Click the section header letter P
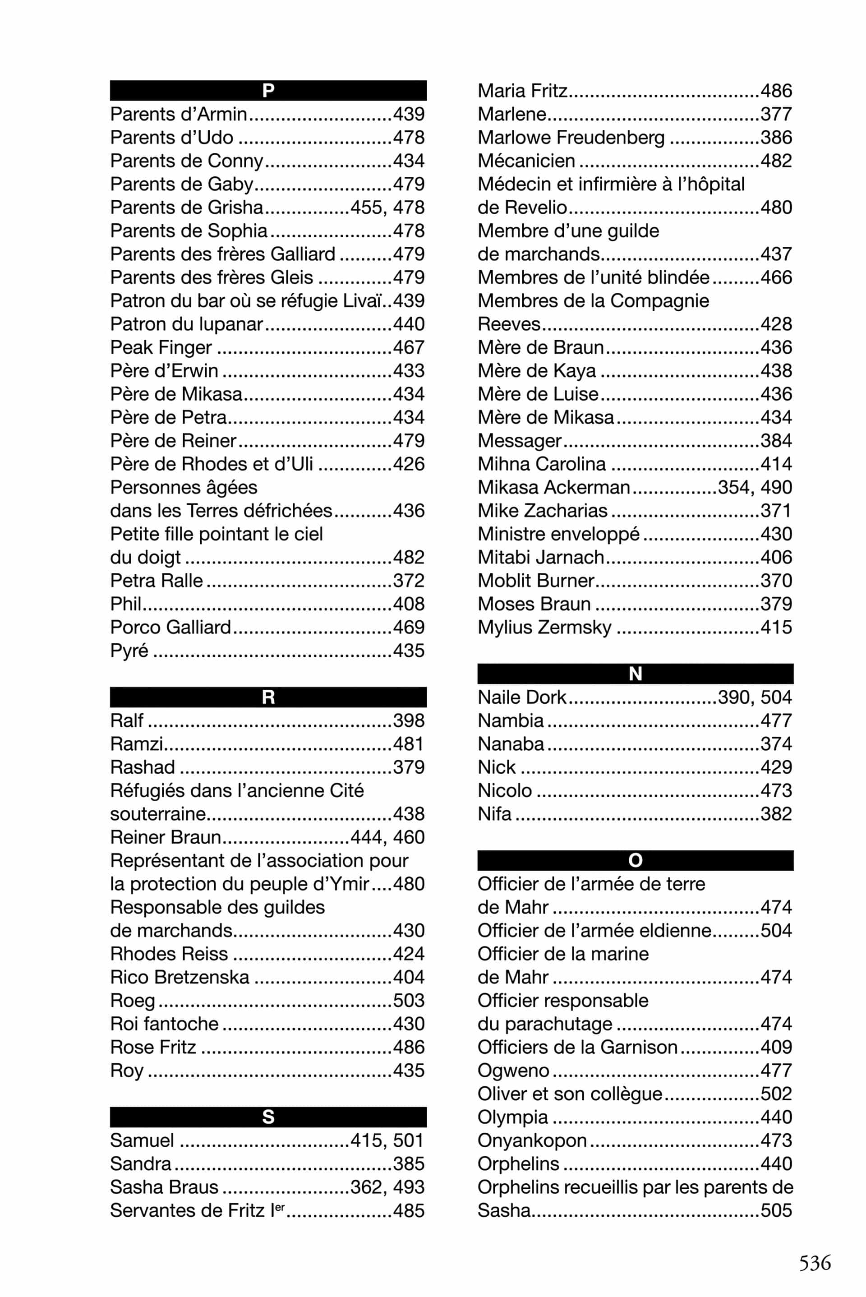point(268,91)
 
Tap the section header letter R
point(268,697)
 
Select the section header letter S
point(268,1117)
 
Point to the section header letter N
point(635,674)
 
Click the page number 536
point(815,1262)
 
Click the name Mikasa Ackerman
point(553,487)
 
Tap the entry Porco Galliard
point(170,627)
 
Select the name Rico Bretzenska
point(180,977)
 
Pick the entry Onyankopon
point(532,1140)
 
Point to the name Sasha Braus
point(164,1187)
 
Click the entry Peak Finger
point(161,347)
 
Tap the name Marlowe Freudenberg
point(571,138)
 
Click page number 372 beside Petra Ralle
point(409,581)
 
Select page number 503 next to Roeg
point(409,1000)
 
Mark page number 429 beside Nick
point(776,767)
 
